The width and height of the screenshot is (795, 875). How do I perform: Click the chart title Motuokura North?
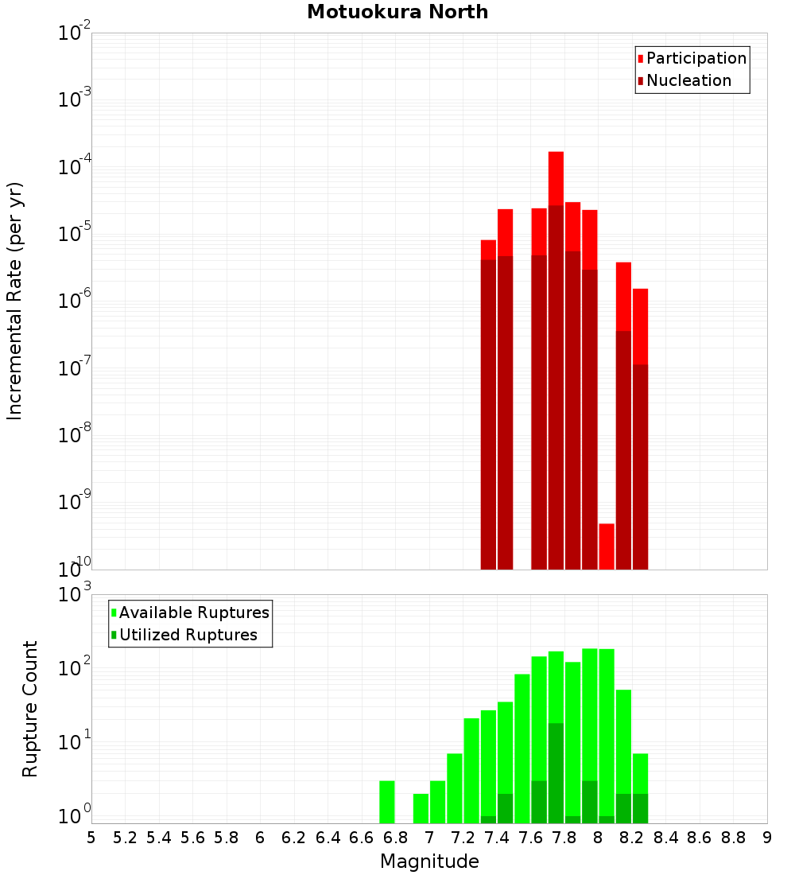[397, 12]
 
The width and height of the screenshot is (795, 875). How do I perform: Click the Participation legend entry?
[696, 58]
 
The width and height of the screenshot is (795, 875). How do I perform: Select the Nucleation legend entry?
[688, 80]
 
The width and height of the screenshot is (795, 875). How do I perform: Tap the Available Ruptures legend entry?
[194, 612]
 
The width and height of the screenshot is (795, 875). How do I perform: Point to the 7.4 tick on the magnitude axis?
[497, 838]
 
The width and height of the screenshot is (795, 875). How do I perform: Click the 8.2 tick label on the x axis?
[632, 838]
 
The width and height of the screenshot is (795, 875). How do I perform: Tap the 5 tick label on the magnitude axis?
[91, 838]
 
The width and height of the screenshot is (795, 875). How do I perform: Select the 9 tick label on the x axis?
[767, 838]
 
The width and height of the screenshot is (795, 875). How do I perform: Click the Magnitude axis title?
[429, 861]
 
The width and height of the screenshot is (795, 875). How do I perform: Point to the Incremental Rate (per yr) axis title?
[15, 301]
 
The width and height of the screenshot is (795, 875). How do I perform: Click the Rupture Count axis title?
[30, 709]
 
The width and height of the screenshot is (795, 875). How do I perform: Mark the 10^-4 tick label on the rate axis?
[75, 167]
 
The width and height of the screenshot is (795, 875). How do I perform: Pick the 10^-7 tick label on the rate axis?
[75, 368]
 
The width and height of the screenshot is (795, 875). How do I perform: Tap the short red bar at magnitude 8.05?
[607, 546]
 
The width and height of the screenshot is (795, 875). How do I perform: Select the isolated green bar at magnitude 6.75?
[387, 802]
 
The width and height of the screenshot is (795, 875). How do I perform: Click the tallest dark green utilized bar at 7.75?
[556, 772]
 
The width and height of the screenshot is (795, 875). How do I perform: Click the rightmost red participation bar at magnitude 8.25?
[641, 326]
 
